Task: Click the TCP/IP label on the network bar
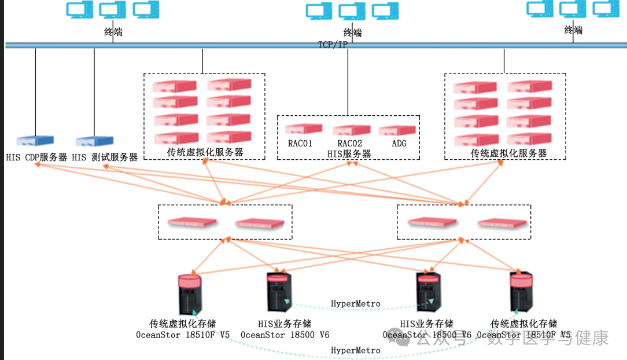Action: [x=333, y=45]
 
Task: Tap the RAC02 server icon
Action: [x=351, y=130]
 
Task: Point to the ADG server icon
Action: [x=397, y=130]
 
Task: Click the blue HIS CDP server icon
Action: [x=35, y=141]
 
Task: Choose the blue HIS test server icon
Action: [x=94, y=141]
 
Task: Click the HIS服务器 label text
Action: [x=349, y=154]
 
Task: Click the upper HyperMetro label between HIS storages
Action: [x=355, y=303]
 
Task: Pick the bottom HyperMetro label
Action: [x=355, y=350]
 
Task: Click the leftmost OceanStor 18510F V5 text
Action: [x=183, y=335]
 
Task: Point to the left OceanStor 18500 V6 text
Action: [x=285, y=335]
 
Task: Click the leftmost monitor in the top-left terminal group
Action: [x=79, y=10]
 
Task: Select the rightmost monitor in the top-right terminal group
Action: [x=606, y=9]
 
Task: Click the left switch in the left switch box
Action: [x=191, y=222]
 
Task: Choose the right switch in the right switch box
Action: [x=503, y=223]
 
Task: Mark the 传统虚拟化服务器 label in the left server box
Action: [x=205, y=153]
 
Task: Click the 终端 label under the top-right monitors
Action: [x=573, y=30]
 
